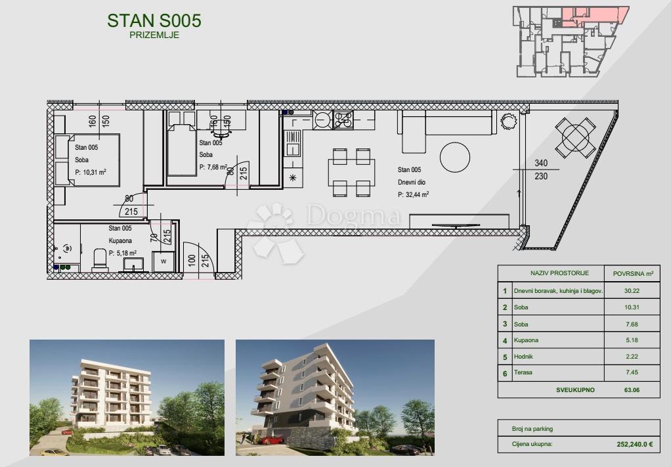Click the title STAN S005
pyautogui.click(x=154, y=20)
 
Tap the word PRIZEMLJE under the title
pyautogui.click(x=154, y=35)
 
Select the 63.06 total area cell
pyautogui.click(x=632, y=390)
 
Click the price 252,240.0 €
pyautogui.click(x=635, y=444)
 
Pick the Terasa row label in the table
pyautogui.click(x=523, y=372)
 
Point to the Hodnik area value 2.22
pyautogui.click(x=632, y=356)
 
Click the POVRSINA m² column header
pyautogui.click(x=633, y=273)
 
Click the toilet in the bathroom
pyautogui.click(x=100, y=259)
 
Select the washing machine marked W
pyautogui.click(x=163, y=261)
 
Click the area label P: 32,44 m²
pyautogui.click(x=413, y=194)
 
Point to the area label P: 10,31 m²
pyautogui.click(x=91, y=172)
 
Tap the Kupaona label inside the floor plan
pyautogui.click(x=120, y=240)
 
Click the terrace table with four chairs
pyautogui.click(x=575, y=137)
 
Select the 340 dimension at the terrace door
pyautogui.click(x=541, y=163)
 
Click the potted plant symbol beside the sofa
pyautogui.click(x=509, y=120)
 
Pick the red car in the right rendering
pyautogui.click(x=273, y=439)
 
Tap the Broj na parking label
pyautogui.click(x=532, y=428)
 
